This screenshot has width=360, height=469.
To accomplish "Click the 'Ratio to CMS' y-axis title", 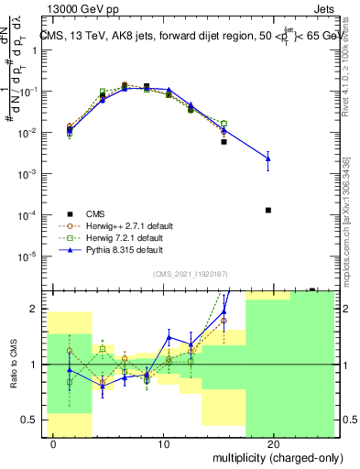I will click(x=12, y=365).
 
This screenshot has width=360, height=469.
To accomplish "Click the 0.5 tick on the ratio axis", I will click(x=30, y=420).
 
